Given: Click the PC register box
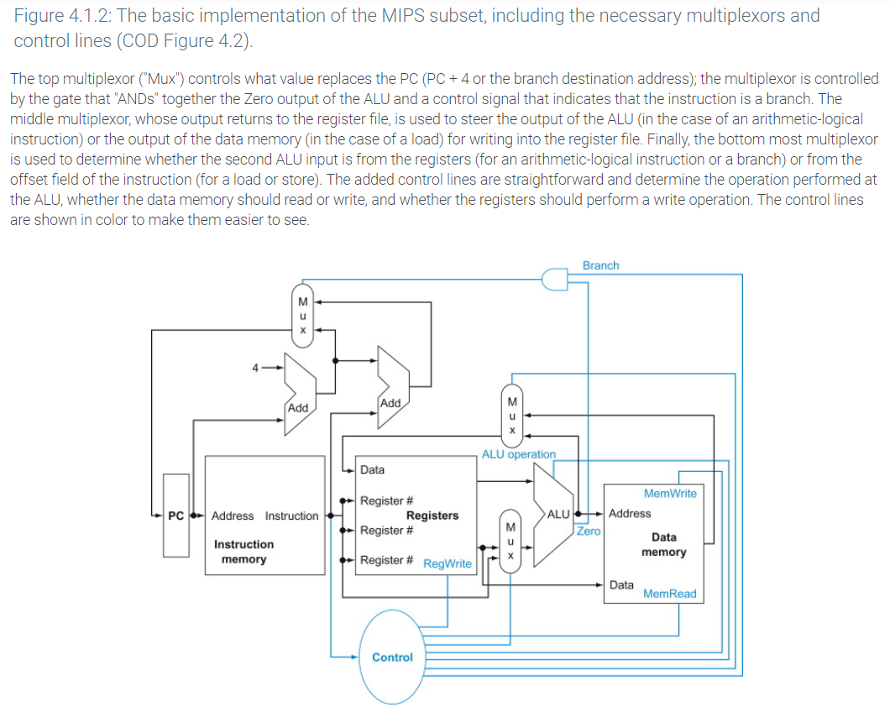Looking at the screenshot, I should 176,515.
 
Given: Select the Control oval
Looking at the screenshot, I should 392,657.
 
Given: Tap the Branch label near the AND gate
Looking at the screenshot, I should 600,265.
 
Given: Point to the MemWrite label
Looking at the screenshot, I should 669,493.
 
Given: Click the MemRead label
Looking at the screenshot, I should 669,594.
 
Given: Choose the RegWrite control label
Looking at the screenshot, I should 447,563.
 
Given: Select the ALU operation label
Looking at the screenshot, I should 518,454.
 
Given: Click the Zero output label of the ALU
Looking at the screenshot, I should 589,531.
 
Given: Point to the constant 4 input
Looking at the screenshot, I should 255,366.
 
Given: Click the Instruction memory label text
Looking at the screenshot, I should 243,552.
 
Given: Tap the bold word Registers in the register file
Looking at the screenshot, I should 432,516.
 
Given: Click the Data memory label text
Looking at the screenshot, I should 663,544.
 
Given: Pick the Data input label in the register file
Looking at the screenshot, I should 372,469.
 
